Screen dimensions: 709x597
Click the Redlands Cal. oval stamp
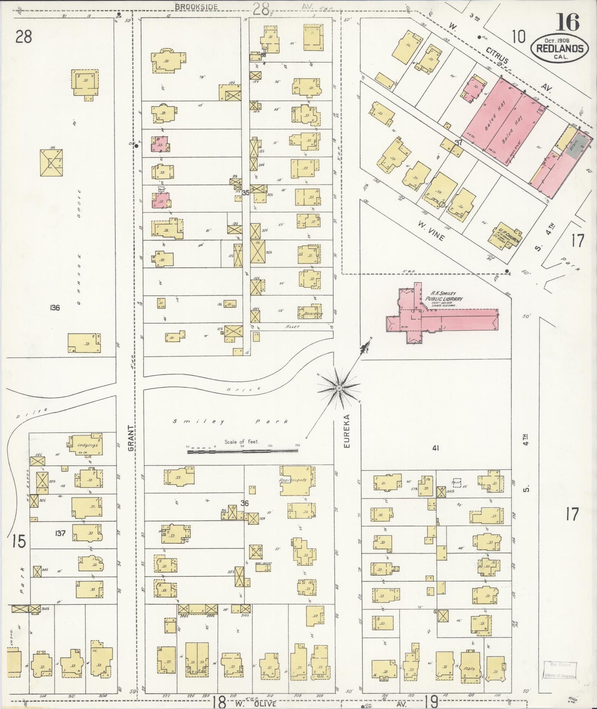[559, 48]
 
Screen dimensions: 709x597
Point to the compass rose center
[339, 388]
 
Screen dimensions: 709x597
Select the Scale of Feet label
[242, 441]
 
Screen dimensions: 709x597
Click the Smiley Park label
[230, 422]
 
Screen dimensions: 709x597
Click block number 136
[55, 307]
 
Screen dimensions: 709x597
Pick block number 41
[435, 448]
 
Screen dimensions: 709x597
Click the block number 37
[458, 142]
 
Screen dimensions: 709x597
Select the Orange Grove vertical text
[78, 246]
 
